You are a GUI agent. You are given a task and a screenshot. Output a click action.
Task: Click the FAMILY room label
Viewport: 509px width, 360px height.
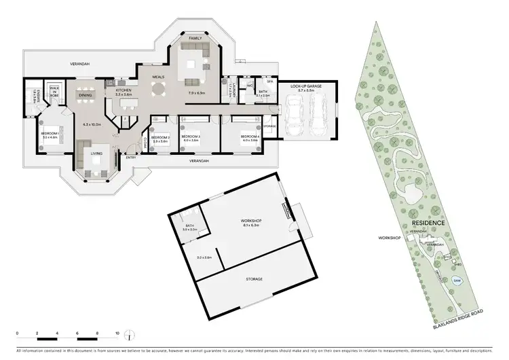click(x=196, y=38)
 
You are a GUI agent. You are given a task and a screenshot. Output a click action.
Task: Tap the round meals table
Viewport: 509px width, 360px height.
click(x=158, y=88)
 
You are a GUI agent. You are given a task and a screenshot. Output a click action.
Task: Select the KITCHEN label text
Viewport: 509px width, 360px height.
click(x=123, y=90)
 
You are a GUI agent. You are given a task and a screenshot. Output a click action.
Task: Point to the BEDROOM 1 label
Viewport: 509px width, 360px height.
click(x=50, y=134)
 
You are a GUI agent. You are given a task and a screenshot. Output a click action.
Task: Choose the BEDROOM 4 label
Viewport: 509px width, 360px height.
click(x=250, y=138)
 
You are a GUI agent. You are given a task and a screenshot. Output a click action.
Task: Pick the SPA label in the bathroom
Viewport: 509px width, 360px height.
click(x=269, y=81)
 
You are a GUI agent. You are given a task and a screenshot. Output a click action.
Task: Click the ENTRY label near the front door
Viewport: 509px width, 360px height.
click(x=131, y=158)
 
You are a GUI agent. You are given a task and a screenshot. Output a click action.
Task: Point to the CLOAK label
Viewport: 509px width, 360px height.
click(x=145, y=143)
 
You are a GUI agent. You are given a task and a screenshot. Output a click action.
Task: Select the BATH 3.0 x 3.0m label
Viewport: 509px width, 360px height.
click(x=189, y=228)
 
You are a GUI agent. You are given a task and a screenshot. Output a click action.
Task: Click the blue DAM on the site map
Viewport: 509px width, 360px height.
click(x=457, y=278)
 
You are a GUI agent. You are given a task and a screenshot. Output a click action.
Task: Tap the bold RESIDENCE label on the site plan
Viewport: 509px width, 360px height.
click(x=428, y=223)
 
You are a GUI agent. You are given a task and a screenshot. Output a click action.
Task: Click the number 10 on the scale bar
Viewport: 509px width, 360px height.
click(x=118, y=334)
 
